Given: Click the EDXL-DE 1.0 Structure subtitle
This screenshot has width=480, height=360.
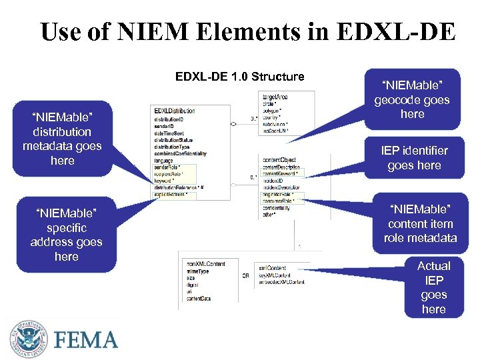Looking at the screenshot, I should [x=239, y=77].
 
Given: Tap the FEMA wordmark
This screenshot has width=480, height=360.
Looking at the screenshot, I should [x=87, y=340].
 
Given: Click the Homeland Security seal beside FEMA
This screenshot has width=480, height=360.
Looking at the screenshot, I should [x=29, y=339].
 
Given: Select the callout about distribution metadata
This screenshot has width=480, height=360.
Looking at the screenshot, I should [x=62, y=139].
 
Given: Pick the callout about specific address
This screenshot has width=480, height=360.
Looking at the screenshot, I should [x=66, y=235].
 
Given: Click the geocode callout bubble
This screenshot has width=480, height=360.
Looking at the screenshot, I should [x=412, y=99].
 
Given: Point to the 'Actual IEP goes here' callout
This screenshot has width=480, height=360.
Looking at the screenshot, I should [x=433, y=287].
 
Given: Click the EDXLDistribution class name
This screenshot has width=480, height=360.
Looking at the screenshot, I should [x=175, y=111].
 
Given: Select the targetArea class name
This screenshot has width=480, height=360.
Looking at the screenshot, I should [x=275, y=97].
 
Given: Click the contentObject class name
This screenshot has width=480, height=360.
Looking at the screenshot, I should [x=280, y=161].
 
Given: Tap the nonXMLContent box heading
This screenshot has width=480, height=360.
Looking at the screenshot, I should [x=206, y=264].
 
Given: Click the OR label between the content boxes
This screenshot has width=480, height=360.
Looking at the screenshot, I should [x=246, y=275].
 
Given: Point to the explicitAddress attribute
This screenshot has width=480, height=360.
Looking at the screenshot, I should [x=171, y=195].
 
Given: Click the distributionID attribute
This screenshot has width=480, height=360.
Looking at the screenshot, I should [x=170, y=118].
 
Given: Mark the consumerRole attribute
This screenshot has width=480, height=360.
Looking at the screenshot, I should [x=279, y=201].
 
